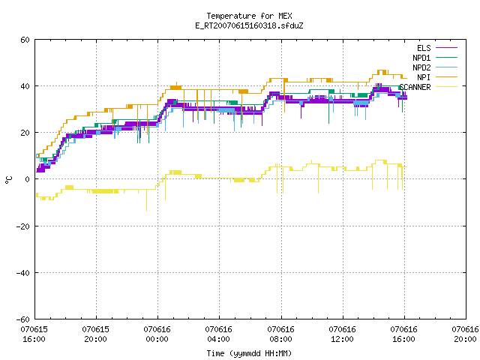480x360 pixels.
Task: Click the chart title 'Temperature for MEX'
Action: click(249, 16)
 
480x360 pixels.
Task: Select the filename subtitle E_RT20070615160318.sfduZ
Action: click(249, 25)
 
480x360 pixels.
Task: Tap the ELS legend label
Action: click(424, 48)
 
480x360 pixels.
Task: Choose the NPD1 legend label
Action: click(421, 58)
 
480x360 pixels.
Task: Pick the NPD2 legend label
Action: click(421, 67)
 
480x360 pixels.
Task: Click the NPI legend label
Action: click(424, 77)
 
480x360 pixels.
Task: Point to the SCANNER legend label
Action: click(415, 87)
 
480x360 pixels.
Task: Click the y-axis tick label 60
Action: click(25, 40)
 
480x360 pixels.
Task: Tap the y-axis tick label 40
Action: click(25, 86)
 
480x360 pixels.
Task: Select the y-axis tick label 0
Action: click(28, 179)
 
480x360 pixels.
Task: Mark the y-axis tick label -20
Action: click(23, 226)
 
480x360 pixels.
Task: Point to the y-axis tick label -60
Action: click(23, 319)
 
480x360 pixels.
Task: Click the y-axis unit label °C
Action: click(8, 180)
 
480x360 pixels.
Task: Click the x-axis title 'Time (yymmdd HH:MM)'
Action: click(249, 353)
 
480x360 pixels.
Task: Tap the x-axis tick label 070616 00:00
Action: click(157, 334)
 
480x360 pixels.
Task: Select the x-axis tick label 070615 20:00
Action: click(95, 334)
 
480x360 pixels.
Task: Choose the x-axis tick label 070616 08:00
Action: click(280, 334)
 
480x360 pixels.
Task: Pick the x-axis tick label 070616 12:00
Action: click(342, 334)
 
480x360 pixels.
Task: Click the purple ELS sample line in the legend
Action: click(447, 48)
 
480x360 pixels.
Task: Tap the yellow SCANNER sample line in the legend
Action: click(447, 87)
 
